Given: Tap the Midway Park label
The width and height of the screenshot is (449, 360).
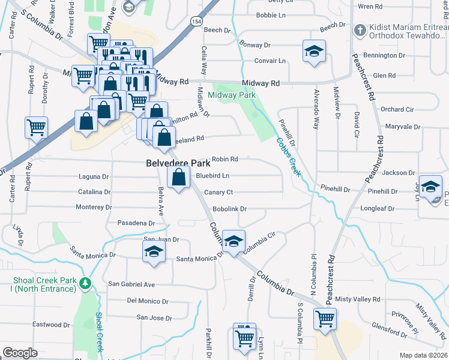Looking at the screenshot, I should click(232, 95).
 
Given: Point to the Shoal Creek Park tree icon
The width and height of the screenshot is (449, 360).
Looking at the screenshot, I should click(85, 282).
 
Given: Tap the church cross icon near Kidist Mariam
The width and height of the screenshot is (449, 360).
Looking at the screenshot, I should click(360, 30).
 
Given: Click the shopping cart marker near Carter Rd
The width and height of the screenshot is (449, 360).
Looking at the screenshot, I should click(36, 127).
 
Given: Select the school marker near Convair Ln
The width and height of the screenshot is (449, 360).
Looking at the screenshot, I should click(313, 52).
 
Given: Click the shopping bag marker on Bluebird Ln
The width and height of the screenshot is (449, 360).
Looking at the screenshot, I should click(178, 177).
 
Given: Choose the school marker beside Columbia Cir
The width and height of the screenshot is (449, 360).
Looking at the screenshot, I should click(234, 241).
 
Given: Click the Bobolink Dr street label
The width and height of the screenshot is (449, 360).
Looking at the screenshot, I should click(231, 209).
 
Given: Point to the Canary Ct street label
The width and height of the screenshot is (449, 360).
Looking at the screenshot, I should click(218, 192).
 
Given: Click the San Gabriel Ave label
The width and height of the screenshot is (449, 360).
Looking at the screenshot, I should click(131, 284).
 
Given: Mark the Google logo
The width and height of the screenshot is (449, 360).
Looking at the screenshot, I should click(20, 353).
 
